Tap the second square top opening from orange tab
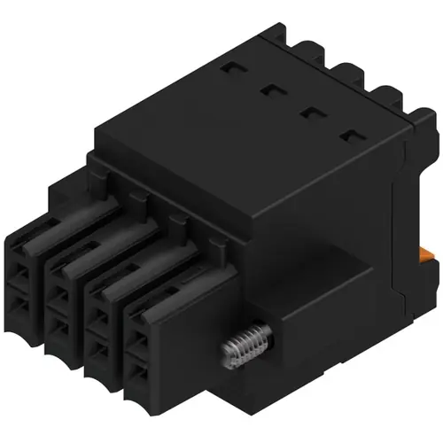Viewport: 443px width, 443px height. coord(310,112)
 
